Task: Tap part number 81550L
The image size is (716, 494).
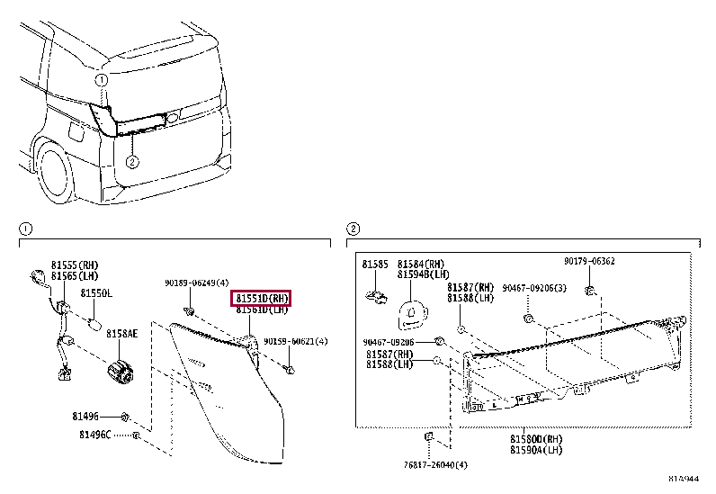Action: click(96, 293)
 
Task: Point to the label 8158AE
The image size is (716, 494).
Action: click(121, 333)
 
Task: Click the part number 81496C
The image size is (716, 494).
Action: click(94, 436)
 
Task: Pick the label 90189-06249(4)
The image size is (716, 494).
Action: click(196, 283)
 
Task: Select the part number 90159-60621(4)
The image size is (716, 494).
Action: click(296, 342)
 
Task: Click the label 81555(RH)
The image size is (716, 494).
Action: click(76, 265)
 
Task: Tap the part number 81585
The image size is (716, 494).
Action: click(374, 265)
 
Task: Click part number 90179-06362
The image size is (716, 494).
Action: click(589, 261)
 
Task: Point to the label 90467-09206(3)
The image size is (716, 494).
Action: click(533, 288)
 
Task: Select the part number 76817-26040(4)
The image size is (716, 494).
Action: click(431, 465)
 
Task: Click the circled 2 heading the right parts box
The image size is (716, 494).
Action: click(354, 229)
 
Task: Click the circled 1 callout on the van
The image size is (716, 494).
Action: click(102, 80)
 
